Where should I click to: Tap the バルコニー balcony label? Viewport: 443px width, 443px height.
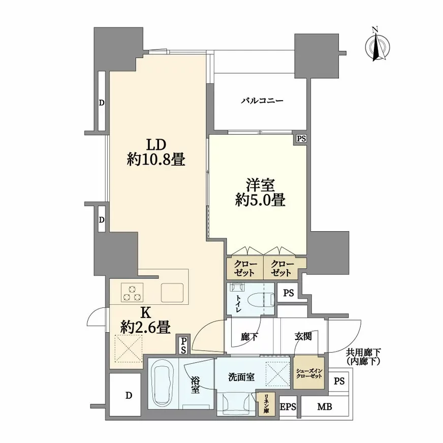click(262, 101)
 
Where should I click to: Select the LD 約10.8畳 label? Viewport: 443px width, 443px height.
click(156, 152)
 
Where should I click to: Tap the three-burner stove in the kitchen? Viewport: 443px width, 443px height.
click(132, 293)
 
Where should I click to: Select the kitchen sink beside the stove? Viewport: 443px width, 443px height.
click(172, 293)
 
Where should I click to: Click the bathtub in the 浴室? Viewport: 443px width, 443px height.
click(162, 384)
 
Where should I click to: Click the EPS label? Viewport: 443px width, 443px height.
click(288, 407)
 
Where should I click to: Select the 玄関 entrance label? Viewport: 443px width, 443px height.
click(303, 336)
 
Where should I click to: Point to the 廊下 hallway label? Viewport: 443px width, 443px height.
click(249, 337)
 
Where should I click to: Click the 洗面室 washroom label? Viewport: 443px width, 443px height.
click(241, 377)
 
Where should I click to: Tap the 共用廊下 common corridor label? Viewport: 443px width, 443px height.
click(364, 352)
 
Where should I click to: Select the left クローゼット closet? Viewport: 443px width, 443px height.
click(245, 268)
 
